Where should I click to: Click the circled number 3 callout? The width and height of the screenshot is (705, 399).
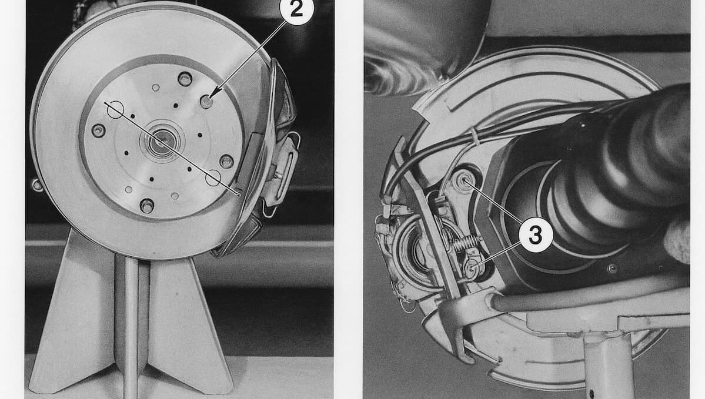(535, 234)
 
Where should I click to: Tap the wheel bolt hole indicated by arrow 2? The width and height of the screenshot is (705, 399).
(206, 102)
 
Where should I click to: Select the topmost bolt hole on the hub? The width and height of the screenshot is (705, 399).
(185, 79)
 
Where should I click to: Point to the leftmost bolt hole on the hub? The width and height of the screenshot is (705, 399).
(98, 131)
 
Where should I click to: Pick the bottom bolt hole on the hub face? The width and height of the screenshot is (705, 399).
(147, 206)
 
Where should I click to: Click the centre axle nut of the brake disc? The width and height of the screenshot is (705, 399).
(160, 141)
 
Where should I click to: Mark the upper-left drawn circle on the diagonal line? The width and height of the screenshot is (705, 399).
(115, 109)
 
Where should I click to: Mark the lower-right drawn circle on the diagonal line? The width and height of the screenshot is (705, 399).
(213, 177)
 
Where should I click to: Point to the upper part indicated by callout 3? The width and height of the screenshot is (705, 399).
(463, 180)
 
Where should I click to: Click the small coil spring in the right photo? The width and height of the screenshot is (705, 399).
(465, 243)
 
